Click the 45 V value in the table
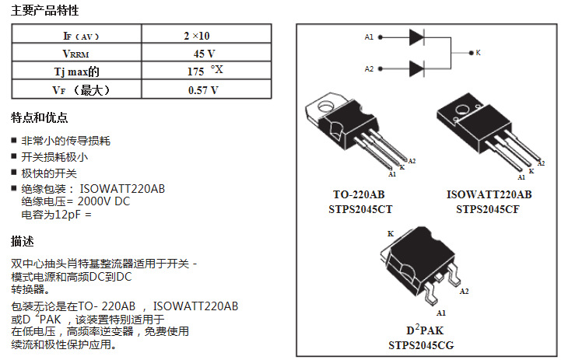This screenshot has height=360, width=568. (x=205, y=54)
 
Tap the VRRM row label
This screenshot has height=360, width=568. (x=76, y=54)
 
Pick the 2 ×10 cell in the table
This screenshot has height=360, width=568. (x=197, y=36)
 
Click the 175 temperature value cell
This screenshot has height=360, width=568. (x=204, y=72)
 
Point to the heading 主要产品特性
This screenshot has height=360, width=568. (x=44, y=11)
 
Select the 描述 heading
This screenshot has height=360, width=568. (x=23, y=241)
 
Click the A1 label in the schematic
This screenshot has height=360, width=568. (x=370, y=37)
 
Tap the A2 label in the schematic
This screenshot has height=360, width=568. (x=370, y=68)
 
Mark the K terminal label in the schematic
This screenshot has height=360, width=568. (x=478, y=53)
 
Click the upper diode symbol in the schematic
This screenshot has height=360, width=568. (x=415, y=37)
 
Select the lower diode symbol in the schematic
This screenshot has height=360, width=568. (x=415, y=68)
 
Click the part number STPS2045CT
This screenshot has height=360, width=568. (x=360, y=208)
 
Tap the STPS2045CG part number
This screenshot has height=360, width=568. (x=421, y=344)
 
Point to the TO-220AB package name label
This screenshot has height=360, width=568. (x=359, y=194)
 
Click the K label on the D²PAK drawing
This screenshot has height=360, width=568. (x=391, y=234)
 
